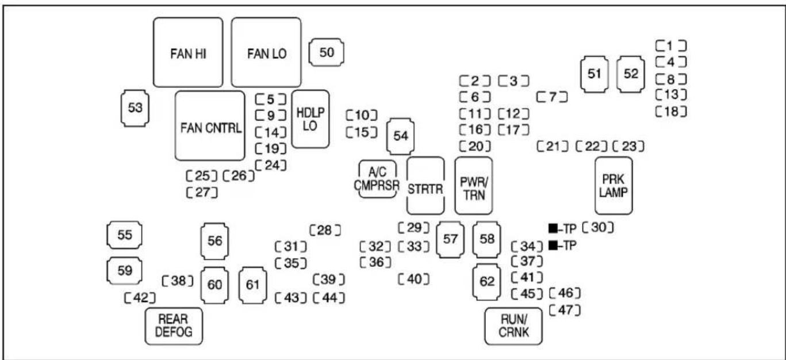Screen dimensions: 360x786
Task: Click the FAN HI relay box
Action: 187,52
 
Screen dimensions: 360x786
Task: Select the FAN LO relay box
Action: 266,52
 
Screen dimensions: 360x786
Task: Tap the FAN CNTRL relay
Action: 210,125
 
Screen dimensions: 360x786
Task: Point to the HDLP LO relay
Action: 310,119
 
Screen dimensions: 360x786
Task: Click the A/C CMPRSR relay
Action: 378,179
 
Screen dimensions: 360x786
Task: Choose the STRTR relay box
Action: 425,185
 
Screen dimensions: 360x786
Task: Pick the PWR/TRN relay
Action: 474,185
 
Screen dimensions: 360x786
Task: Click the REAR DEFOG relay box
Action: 174,325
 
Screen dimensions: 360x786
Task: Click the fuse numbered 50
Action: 327,52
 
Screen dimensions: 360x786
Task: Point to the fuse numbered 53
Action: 136,108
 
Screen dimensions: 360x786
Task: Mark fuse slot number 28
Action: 325,230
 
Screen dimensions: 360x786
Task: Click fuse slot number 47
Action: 564,311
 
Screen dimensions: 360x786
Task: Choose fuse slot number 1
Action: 672,45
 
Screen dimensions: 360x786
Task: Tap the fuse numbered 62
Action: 487,282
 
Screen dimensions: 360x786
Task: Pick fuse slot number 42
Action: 140,297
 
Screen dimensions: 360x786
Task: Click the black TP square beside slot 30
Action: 553,228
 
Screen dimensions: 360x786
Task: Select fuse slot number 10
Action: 361,115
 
